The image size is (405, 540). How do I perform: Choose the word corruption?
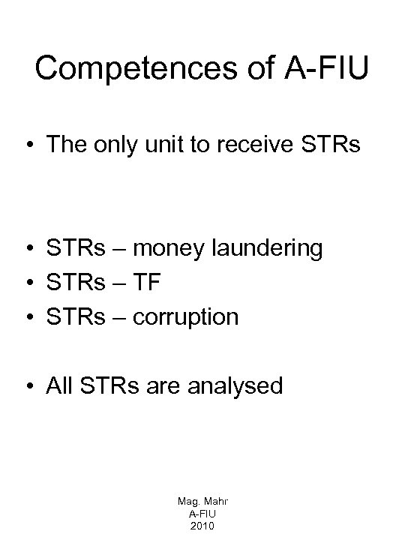(186, 317)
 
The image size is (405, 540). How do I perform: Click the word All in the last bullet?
(59, 386)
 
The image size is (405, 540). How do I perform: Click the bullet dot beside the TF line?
(28, 283)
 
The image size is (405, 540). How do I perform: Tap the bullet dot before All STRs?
(28, 387)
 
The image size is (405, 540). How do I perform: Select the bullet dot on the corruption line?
(28, 318)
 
